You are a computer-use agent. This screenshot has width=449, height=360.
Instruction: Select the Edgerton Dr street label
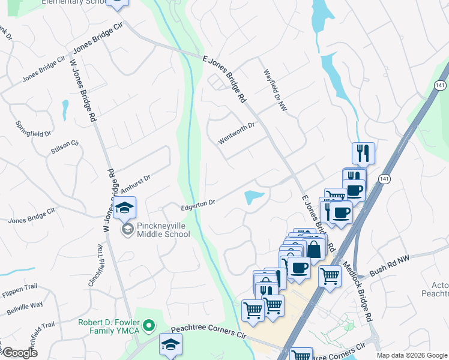(x=198, y=205)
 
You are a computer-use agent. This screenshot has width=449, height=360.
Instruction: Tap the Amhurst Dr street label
(x=135, y=184)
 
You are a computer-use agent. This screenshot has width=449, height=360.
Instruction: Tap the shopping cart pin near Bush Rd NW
(x=330, y=277)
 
